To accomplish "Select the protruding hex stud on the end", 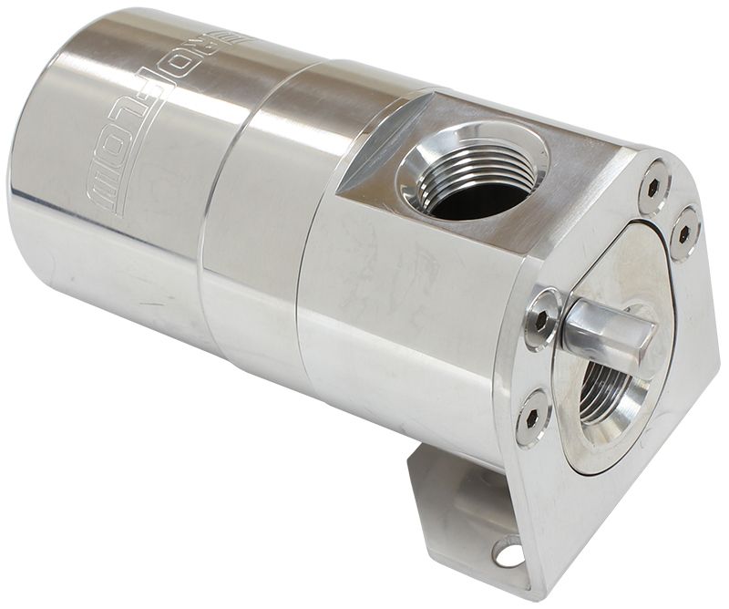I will coord(609,334).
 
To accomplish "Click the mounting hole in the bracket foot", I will coord(508,550).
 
